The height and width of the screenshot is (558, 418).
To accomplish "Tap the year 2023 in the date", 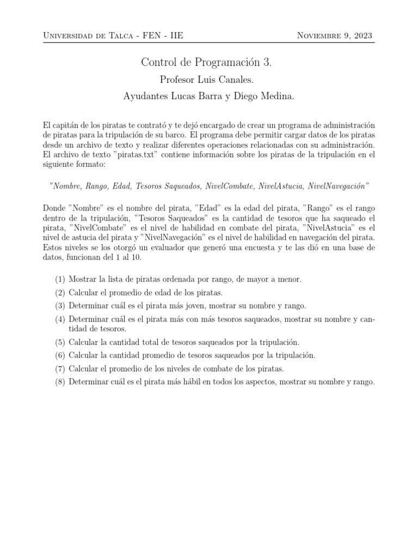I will click(x=361, y=36).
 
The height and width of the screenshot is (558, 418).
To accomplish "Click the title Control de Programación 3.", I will click(x=206, y=63).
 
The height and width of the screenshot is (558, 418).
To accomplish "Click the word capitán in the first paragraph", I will click(x=64, y=125).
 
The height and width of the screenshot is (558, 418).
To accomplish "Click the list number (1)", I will click(x=60, y=279).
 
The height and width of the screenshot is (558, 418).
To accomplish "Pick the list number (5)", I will click(x=60, y=342).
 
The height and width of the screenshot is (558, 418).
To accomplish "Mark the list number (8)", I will click(x=60, y=381).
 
